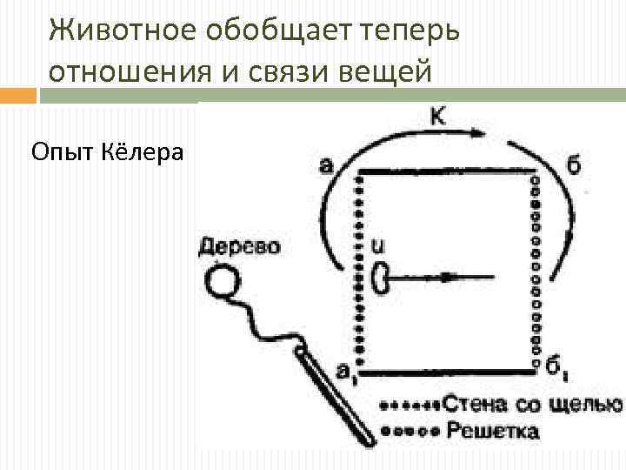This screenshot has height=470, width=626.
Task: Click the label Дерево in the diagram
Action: [x=239, y=247]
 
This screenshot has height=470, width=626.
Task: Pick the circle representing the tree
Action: [x=223, y=281]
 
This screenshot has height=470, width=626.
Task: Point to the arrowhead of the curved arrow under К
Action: [x=476, y=133]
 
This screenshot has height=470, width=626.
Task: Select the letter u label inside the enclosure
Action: [x=377, y=247]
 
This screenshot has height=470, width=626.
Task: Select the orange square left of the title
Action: [x=19, y=95]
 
